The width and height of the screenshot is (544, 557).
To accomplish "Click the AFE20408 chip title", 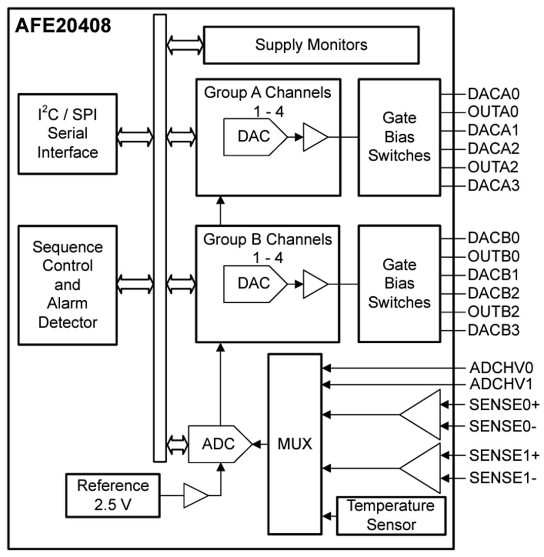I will (x=63, y=25).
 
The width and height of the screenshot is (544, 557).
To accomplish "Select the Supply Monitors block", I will (x=311, y=45).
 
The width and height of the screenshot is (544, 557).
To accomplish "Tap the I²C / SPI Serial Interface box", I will (x=67, y=134).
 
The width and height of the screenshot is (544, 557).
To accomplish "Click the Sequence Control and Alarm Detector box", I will (x=67, y=285).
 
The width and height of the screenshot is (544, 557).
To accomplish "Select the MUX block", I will (x=295, y=444).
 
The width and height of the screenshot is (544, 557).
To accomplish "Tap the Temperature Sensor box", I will (x=391, y=515).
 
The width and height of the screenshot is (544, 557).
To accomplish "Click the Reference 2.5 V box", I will (x=113, y=494).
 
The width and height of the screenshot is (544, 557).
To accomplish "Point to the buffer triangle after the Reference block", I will (x=195, y=495).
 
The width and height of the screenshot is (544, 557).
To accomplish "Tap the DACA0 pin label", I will (x=493, y=94).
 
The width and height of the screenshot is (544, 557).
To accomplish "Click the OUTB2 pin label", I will (x=493, y=311).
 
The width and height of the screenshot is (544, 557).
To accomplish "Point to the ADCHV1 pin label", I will (x=500, y=385).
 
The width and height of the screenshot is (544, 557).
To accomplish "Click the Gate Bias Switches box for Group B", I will (x=399, y=283).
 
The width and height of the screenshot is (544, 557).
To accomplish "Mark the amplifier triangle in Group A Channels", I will (x=314, y=137).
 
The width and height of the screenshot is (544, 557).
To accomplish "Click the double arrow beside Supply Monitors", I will (x=185, y=45).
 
